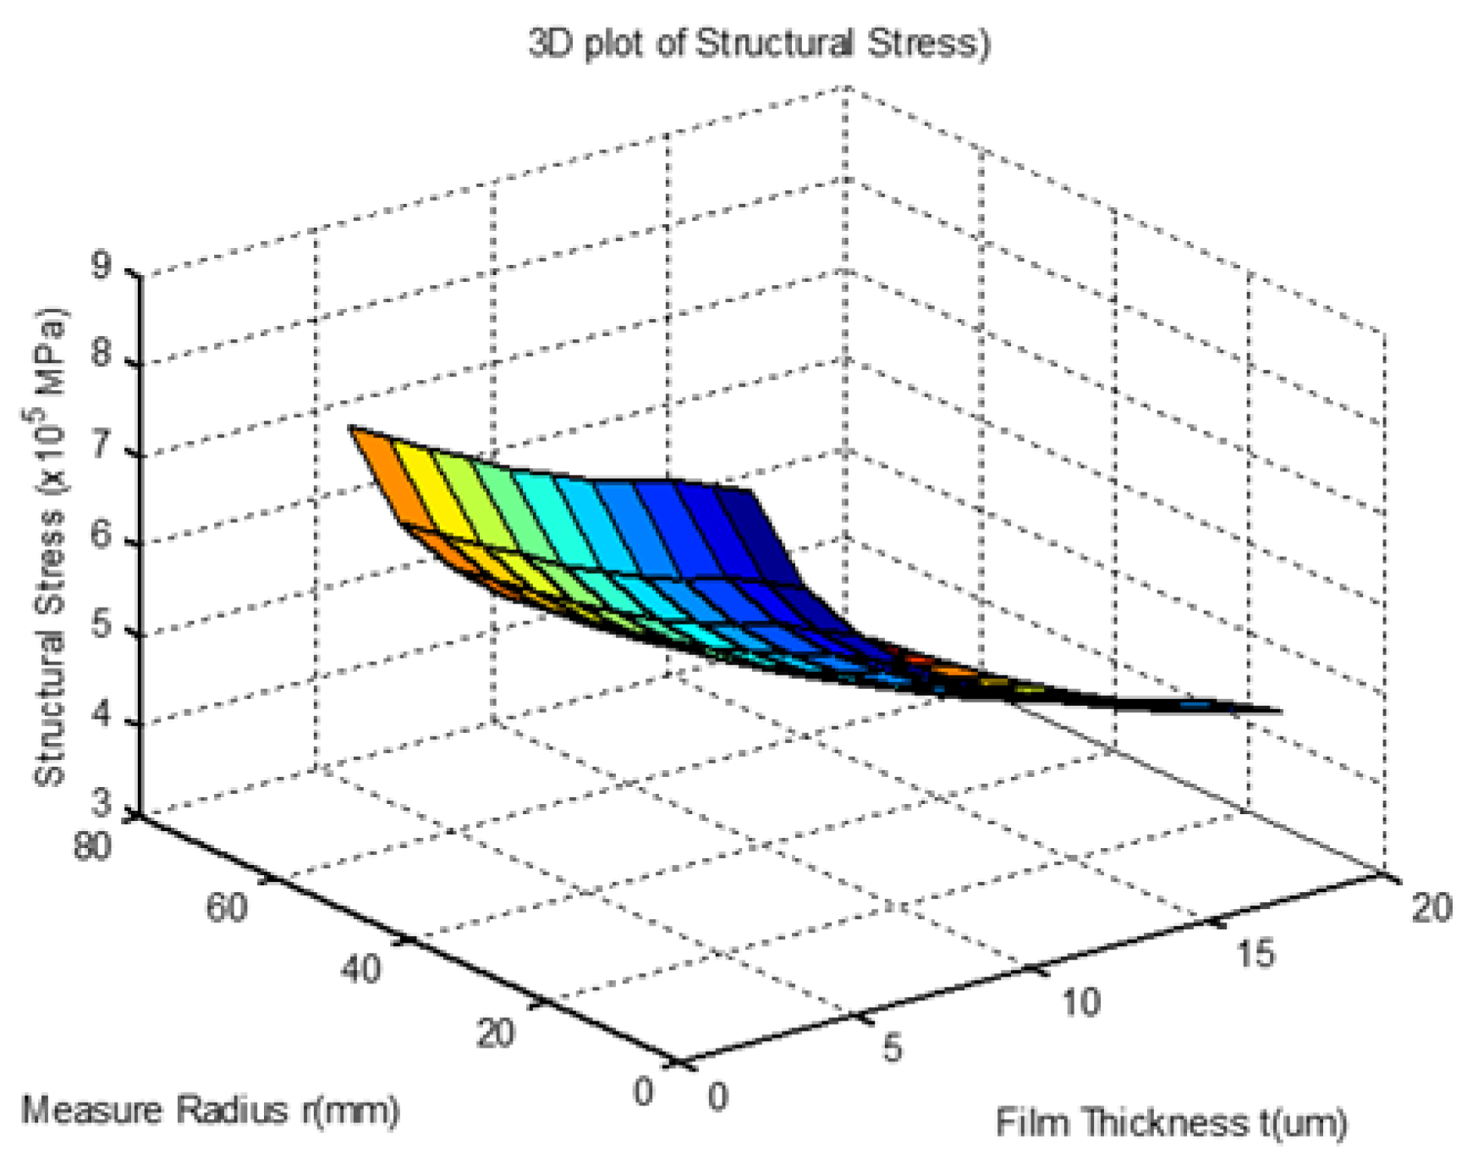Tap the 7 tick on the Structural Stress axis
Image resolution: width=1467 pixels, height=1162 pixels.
(102, 445)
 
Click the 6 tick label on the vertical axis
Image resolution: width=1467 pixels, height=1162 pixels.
(102, 535)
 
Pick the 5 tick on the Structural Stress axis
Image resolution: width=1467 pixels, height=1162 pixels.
(102, 625)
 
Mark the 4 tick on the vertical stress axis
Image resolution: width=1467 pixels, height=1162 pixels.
(102, 716)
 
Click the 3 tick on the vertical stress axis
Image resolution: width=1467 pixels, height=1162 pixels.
(102, 802)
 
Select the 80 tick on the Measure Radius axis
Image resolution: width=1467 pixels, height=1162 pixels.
(92, 845)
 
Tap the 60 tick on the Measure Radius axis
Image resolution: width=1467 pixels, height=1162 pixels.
(226, 907)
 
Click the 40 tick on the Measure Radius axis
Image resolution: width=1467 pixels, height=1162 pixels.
(361, 969)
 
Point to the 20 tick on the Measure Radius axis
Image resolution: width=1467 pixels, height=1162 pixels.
(495, 1033)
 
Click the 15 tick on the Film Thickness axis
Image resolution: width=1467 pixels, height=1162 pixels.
(1255, 954)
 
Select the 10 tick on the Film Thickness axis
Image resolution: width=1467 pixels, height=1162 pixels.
(1081, 1003)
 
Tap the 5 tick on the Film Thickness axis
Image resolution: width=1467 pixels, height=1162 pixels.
(893, 1048)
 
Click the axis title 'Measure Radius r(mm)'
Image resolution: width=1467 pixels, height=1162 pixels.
(210, 1110)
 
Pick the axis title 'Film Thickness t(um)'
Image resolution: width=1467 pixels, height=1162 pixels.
(1171, 1123)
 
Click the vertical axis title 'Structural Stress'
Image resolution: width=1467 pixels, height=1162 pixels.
(49, 546)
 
